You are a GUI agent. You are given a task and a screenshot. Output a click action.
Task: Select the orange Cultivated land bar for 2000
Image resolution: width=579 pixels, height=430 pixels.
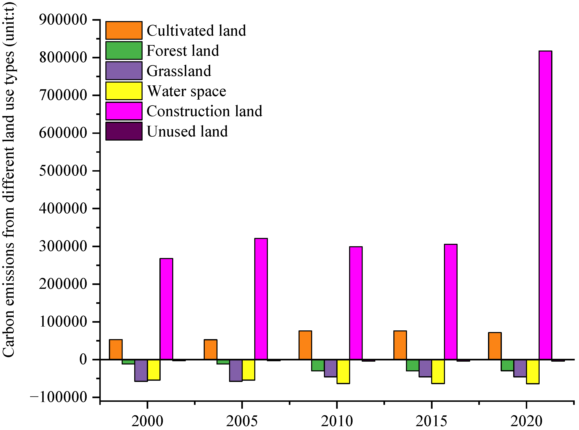coord(116,349)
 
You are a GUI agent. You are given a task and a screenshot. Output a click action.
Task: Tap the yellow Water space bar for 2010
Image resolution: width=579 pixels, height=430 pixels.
coord(343,371)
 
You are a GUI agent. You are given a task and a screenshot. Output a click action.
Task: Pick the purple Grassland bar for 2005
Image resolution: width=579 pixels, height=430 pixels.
coord(236,370)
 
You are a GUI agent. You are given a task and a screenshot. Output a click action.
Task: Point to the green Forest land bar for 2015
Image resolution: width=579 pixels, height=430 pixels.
coord(412,365)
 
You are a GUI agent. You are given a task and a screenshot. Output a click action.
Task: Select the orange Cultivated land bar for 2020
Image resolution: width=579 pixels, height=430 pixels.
coord(495,346)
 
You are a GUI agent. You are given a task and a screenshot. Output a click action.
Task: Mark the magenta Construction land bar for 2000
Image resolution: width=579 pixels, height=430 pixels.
coord(166,309)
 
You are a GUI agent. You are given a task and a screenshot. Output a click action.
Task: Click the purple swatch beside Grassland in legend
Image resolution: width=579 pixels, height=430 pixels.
coord(124,71)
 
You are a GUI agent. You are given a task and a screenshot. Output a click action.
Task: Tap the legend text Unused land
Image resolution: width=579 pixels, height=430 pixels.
coord(187,131)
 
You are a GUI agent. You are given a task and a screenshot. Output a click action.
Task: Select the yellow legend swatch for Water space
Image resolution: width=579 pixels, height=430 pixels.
coord(124,91)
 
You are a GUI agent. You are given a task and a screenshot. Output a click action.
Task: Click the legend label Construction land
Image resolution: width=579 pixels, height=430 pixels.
coord(204,111)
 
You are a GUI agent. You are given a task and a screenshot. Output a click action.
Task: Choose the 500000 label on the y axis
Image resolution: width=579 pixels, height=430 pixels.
coord(63,171)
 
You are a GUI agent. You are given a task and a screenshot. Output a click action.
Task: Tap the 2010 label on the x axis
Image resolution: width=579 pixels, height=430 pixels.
coord(337,421)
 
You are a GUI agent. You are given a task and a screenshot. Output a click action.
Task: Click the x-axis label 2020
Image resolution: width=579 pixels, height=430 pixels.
coord(526,421)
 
